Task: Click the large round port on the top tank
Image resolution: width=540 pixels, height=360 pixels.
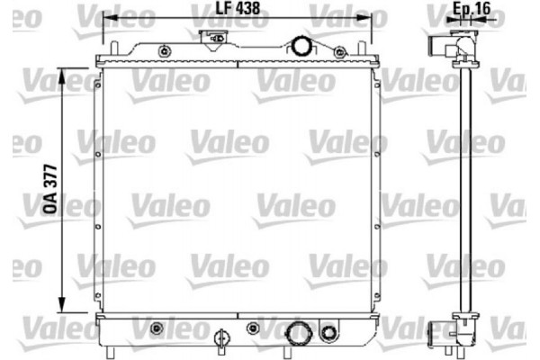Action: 300,46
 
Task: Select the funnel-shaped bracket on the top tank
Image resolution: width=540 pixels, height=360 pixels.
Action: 215,39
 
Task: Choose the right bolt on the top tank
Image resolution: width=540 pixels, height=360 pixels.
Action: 339,53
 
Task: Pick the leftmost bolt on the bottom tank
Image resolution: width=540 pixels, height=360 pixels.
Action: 157,327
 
